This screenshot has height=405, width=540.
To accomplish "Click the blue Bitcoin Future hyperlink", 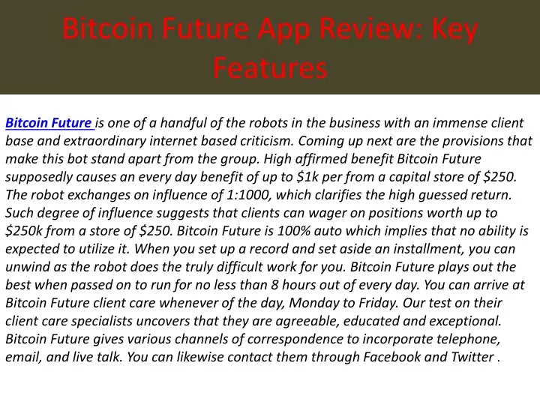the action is (x=49, y=123).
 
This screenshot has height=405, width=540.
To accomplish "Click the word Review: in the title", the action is (x=372, y=28).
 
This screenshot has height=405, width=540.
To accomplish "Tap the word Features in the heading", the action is (x=270, y=67).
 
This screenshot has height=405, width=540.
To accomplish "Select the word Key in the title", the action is (x=454, y=30).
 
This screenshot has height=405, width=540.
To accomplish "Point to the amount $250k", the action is (x=23, y=231).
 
